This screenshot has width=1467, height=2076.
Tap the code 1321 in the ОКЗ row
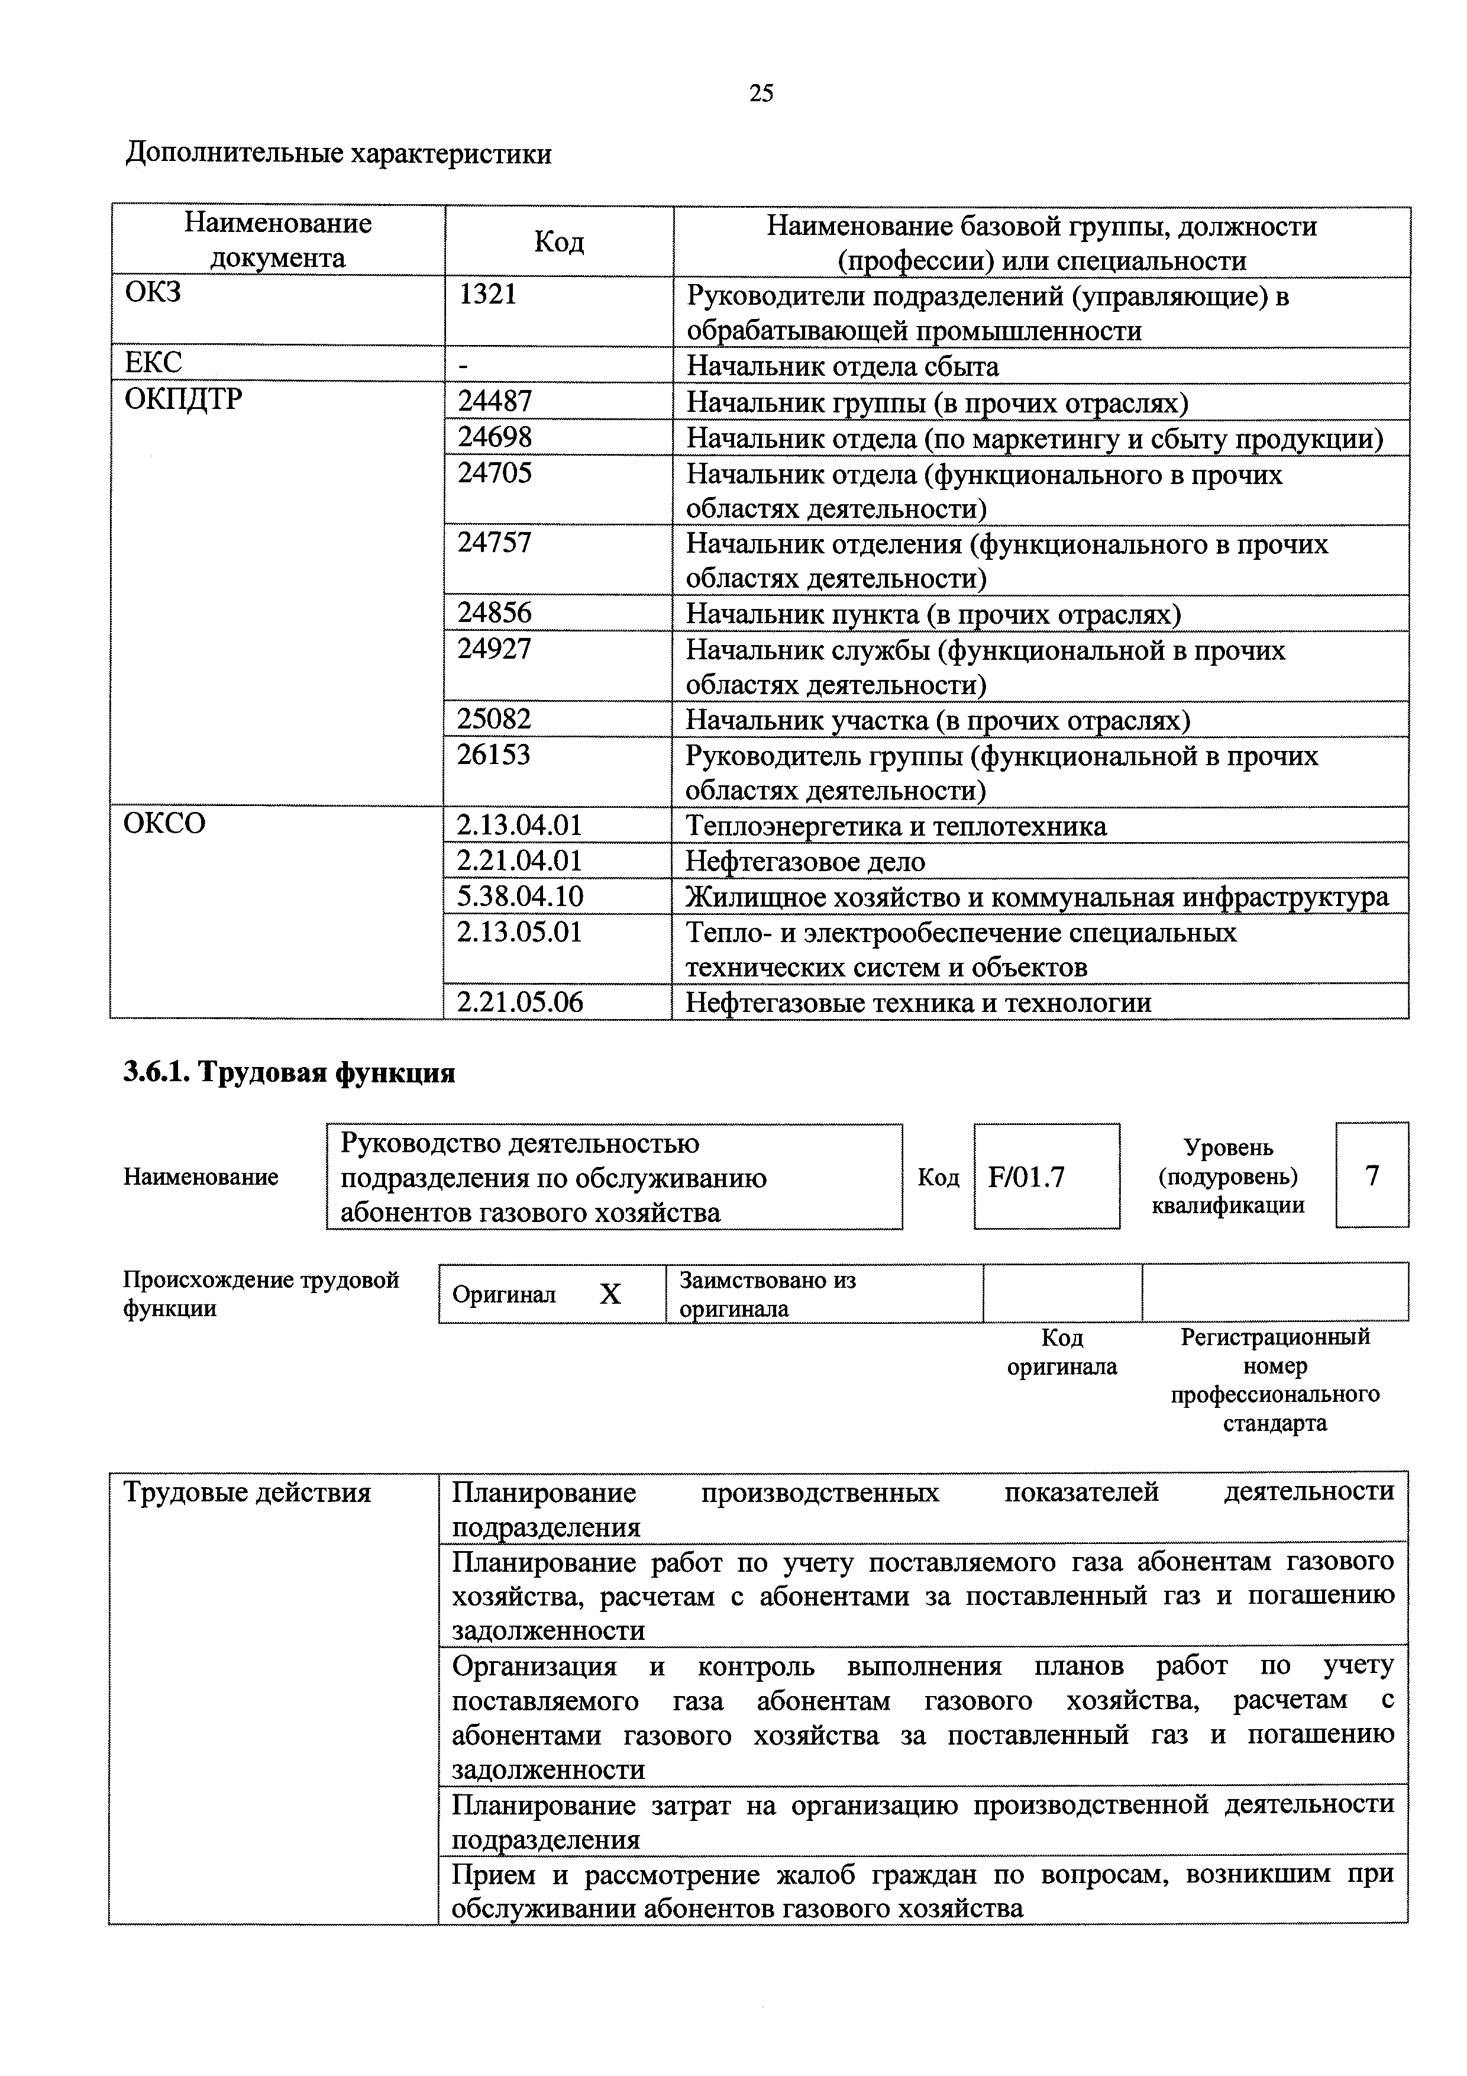[487, 295]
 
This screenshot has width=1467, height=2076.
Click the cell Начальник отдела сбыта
[842, 366]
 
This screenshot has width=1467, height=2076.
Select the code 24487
[495, 401]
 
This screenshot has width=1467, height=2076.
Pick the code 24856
[495, 614]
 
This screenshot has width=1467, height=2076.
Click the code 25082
[495, 720]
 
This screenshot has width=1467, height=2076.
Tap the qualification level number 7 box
[1371, 1175]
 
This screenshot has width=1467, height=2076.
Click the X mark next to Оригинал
[611, 1295]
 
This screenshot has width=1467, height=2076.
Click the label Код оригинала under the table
[1061, 1352]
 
